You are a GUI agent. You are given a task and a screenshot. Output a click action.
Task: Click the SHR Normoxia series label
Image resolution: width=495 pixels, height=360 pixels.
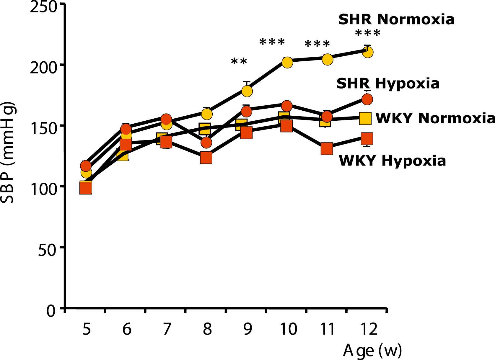pos(396,19)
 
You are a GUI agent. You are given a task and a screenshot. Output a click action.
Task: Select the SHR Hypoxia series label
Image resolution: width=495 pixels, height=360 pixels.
pos(388,84)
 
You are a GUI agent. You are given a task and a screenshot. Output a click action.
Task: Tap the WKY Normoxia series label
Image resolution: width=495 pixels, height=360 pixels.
pos(435,118)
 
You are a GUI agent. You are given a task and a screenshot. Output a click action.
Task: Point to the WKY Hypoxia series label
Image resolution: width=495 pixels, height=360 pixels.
pos(392,161)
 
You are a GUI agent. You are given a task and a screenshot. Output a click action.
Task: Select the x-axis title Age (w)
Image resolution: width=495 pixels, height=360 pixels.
pos(372,351)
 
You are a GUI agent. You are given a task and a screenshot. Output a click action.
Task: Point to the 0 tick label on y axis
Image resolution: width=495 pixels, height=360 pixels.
pos(51,311)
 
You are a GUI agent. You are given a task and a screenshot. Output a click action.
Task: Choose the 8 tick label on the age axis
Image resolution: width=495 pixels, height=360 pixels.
pos(207,329)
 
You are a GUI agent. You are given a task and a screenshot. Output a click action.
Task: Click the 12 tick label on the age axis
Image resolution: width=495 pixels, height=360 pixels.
pos(369,329)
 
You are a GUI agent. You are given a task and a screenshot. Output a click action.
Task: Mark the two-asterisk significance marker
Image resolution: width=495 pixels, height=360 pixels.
pos(239,62)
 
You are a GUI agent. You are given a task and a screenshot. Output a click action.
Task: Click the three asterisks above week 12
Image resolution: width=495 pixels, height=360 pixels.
pos(367,33)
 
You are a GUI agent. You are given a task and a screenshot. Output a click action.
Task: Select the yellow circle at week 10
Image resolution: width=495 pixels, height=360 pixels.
pos(287,62)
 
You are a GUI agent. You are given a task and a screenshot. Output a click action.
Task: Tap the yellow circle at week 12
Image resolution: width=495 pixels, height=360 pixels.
pos(367,53)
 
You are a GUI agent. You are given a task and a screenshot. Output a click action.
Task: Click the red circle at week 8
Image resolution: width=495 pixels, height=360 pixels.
pos(206,143)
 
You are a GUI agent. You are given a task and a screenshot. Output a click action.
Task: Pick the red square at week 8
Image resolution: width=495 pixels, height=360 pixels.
pos(206,158)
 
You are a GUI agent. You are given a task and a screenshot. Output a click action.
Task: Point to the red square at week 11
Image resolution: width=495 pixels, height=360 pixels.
pos(327,149)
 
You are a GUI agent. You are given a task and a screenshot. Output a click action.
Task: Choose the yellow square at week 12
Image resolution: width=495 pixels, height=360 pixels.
pos(365,118)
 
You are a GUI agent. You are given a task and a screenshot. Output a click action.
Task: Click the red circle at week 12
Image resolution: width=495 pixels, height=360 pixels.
pos(367,99)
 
